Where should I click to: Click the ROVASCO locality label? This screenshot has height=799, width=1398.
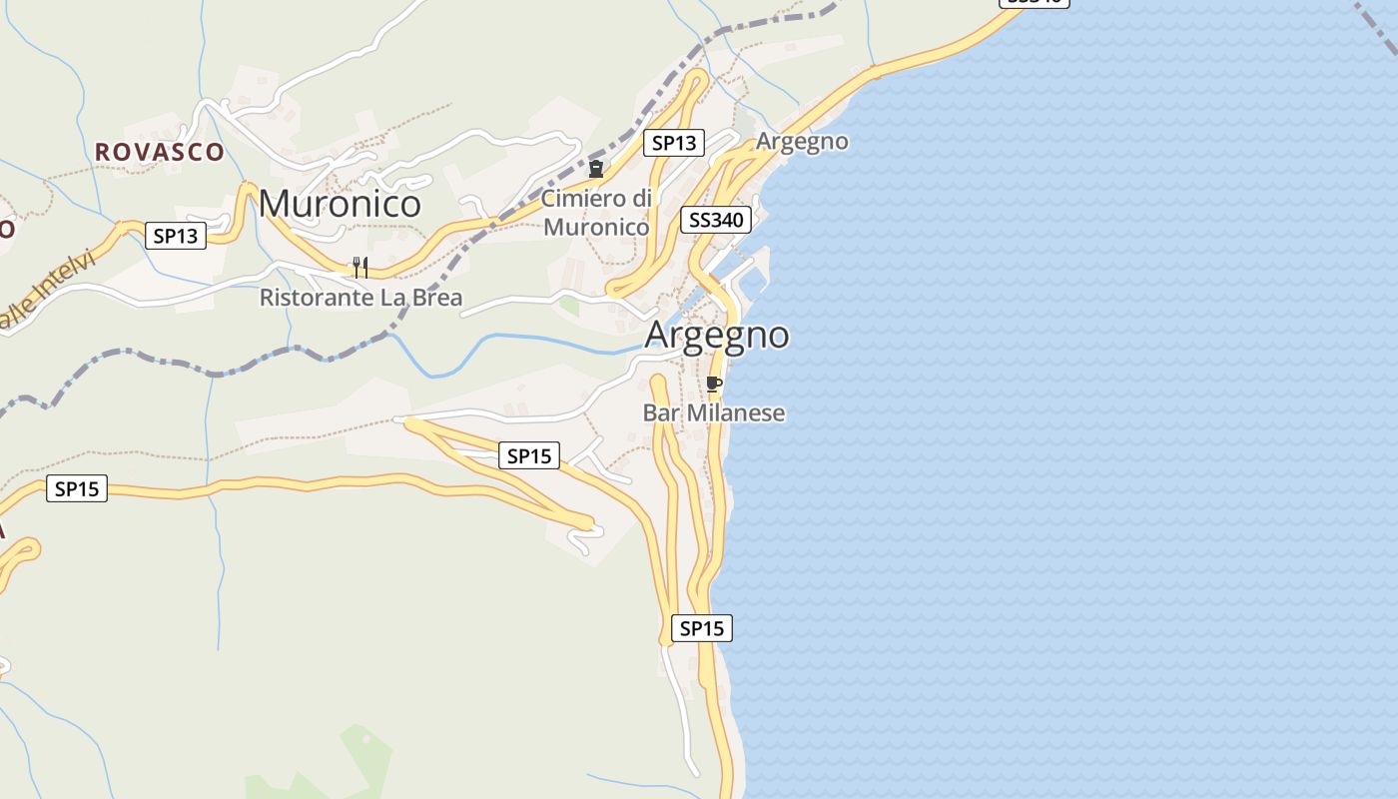click(x=160, y=152)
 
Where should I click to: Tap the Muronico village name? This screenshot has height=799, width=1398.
click(x=340, y=204)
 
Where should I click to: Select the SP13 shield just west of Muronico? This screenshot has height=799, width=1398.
click(x=176, y=236)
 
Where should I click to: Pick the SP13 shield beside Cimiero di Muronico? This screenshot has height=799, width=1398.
click(x=673, y=143)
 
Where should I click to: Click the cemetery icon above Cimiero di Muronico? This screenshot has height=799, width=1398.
click(x=596, y=169)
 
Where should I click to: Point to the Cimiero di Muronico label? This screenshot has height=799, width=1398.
click(x=596, y=213)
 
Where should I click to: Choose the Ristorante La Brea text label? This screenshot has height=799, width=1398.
click(x=360, y=298)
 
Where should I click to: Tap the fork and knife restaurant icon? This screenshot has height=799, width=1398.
click(x=360, y=267)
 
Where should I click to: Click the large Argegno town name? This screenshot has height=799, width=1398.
click(x=717, y=335)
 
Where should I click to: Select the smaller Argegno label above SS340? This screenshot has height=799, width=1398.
click(x=802, y=142)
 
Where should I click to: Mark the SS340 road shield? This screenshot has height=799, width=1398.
click(x=716, y=220)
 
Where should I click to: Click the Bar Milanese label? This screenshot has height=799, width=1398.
click(x=714, y=412)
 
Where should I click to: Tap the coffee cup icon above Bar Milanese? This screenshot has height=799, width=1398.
click(x=713, y=384)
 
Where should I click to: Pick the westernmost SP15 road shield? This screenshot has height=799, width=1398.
click(x=77, y=488)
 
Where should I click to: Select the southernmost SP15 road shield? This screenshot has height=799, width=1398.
click(x=701, y=628)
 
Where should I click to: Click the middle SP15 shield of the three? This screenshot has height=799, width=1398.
click(x=529, y=455)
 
